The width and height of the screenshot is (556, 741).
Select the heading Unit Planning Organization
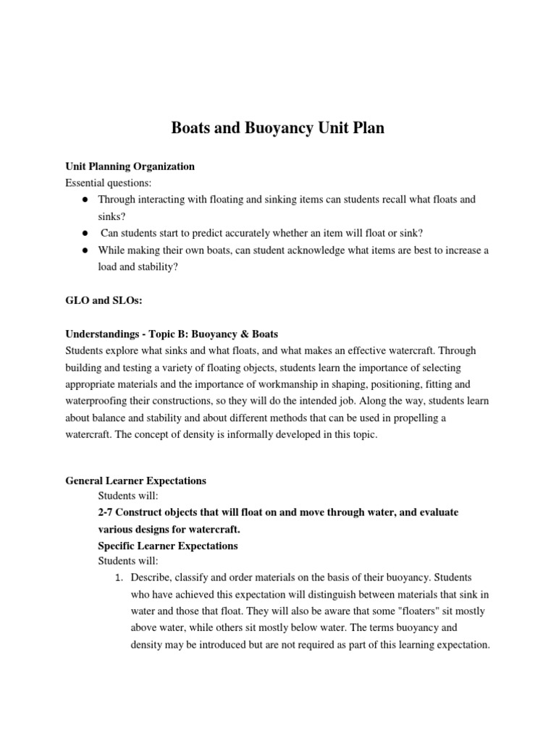click(x=130, y=166)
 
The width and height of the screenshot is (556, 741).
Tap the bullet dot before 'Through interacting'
click(x=85, y=199)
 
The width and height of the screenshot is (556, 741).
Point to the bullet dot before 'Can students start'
click(x=85, y=233)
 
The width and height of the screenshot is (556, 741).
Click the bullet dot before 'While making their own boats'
click(x=85, y=250)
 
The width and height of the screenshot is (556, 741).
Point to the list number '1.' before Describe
click(x=119, y=577)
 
